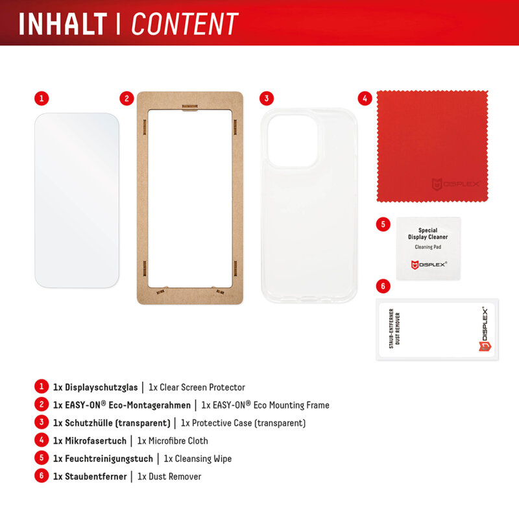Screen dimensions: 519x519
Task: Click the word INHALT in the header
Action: [62, 23]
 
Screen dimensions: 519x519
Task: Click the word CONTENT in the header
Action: [185, 23]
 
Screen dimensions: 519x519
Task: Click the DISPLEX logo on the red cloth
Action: [455, 185]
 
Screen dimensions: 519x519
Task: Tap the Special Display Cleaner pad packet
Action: [428, 249]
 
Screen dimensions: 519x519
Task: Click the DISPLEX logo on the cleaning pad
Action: [428, 264]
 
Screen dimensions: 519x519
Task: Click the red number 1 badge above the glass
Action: [42, 99]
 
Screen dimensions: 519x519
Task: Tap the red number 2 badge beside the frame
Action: [127, 99]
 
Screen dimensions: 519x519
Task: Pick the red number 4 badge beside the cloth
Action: [365, 99]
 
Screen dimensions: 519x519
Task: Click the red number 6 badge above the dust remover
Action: [383, 285]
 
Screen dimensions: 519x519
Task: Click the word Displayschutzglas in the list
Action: [101, 387]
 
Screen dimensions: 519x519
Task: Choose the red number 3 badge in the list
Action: [42, 423]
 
